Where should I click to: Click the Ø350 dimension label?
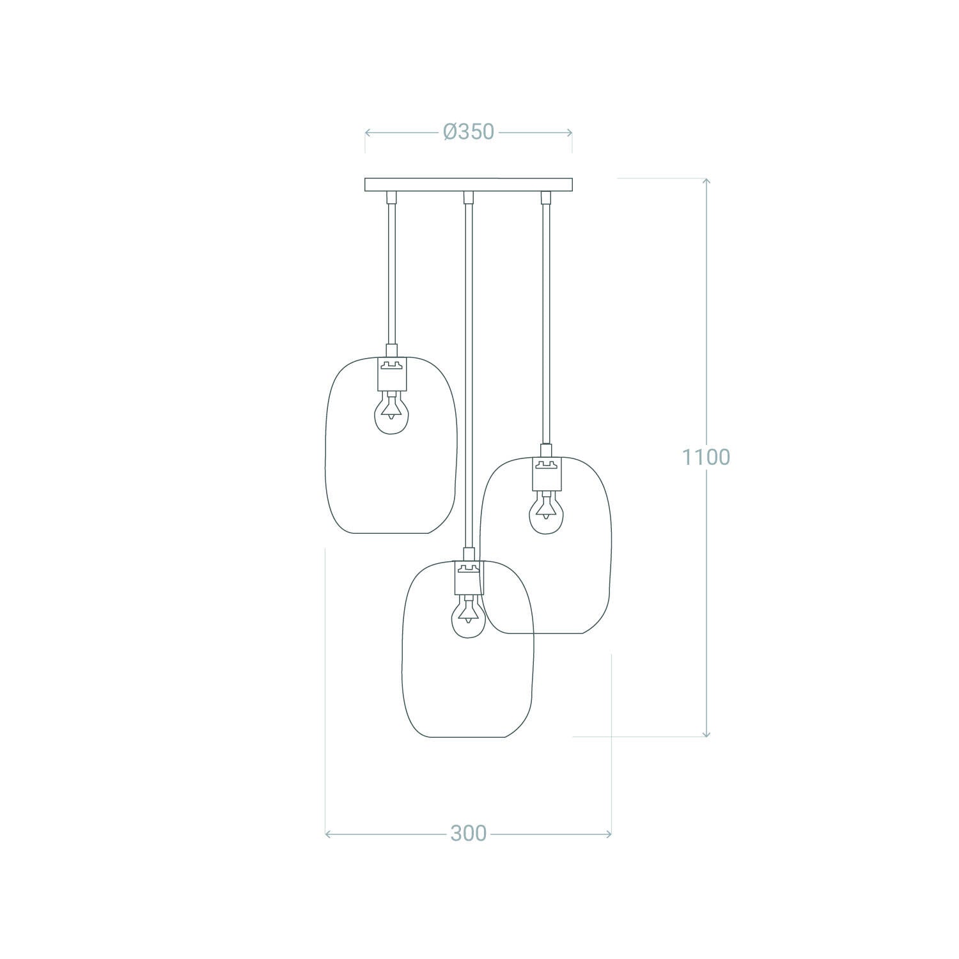coord(469,132)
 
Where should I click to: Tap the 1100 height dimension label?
coord(705,457)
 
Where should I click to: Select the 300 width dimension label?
coord(469,833)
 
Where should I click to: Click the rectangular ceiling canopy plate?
coord(469,185)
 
